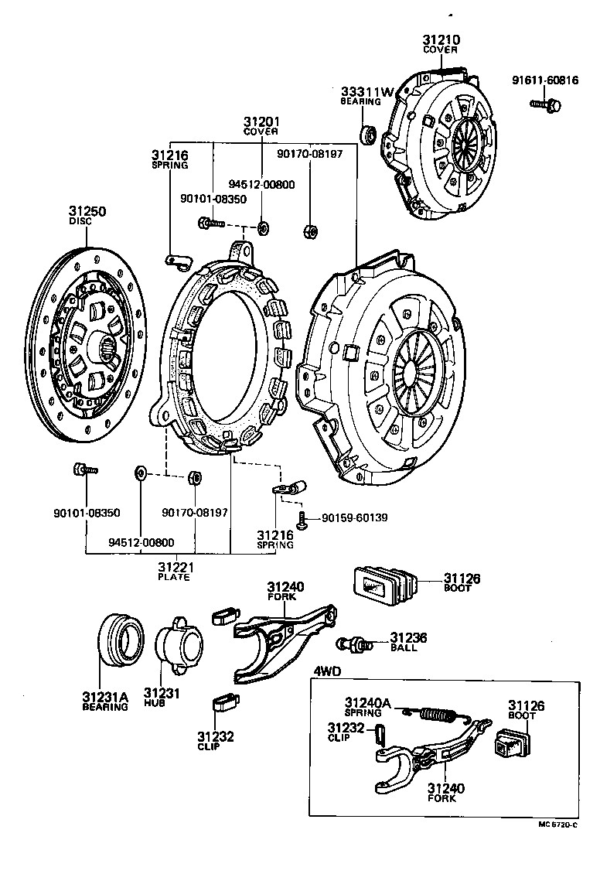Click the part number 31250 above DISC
coord(87,210)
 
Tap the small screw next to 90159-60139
coord(302,519)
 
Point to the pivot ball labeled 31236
coord(353,643)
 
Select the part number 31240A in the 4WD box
coord(368,702)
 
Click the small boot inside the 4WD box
coord(507,746)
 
